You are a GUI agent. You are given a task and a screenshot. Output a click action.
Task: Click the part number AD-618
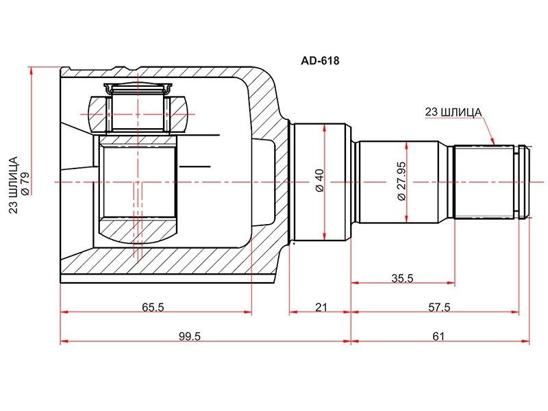point(320,61)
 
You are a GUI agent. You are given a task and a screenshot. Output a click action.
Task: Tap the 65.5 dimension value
point(153,307)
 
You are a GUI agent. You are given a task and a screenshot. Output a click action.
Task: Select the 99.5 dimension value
point(190,336)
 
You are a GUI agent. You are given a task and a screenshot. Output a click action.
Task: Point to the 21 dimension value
point(321,307)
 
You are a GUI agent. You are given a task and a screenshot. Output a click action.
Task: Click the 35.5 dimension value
point(402,278)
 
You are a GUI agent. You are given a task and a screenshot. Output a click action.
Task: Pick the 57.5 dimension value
point(439,307)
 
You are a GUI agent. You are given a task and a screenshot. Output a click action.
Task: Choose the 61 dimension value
point(438,336)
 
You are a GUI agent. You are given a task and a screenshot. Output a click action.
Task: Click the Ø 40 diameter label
point(320,180)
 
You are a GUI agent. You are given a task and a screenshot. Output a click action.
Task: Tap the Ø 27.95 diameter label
point(402,181)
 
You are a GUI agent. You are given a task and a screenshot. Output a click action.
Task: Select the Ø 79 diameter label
point(25,184)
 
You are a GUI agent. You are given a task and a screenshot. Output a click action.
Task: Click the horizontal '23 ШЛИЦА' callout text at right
point(453,112)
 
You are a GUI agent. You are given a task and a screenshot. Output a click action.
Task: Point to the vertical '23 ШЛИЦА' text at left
point(13,185)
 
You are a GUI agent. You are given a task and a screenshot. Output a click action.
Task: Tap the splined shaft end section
point(484,182)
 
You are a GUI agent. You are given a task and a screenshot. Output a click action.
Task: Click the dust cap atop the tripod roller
point(138,89)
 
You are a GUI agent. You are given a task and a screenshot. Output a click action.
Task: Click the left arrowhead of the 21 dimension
point(294,312)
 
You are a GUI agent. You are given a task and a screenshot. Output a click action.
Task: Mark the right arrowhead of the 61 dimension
point(525,340)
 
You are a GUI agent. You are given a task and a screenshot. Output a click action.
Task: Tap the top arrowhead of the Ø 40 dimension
point(325,128)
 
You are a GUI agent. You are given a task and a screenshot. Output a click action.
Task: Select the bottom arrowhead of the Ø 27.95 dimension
point(407,219)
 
